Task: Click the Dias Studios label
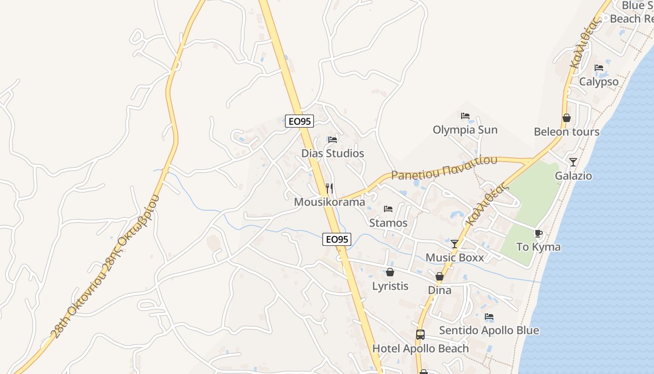(333, 153)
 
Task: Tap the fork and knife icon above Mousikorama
(329, 188)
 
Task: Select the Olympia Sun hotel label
(465, 129)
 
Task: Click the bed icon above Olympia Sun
(465, 115)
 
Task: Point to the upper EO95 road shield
(299, 121)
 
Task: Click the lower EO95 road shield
(336, 239)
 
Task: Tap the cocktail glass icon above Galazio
(573, 162)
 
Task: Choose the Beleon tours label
(567, 132)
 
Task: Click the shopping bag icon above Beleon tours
(567, 118)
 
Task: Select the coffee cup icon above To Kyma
(538, 233)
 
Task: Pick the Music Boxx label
(455, 258)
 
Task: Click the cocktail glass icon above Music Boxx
(455, 244)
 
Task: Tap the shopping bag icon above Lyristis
(390, 272)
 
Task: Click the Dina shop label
(440, 290)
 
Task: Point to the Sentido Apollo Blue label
(489, 331)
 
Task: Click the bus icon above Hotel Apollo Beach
(420, 335)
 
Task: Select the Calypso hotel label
(599, 82)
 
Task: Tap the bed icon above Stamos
(388, 209)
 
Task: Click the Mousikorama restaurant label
(329, 202)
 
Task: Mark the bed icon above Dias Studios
(333, 139)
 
